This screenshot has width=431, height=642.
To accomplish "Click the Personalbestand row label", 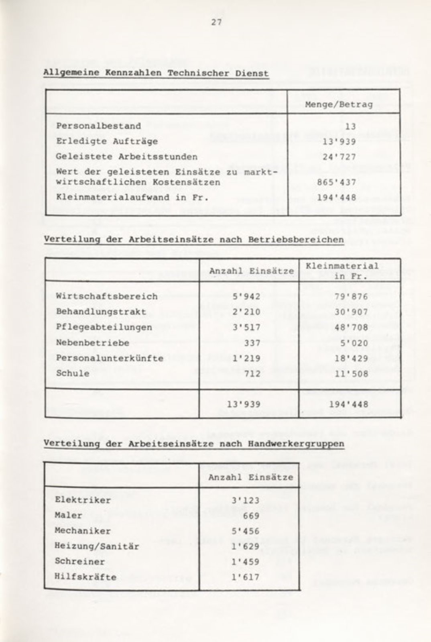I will (x=98, y=126).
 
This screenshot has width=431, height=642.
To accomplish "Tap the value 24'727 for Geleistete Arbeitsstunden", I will (x=339, y=157).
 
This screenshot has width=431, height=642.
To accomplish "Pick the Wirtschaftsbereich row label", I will (x=107, y=297).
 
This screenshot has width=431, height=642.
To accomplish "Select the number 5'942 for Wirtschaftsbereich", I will (x=246, y=297).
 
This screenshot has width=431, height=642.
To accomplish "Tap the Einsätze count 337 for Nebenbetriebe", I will (x=252, y=343).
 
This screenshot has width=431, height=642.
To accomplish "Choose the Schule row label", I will (x=73, y=373).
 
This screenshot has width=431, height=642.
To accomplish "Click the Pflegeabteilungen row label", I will (x=104, y=327).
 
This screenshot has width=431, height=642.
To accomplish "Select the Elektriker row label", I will (x=83, y=500).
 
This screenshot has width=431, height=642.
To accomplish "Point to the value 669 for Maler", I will (x=251, y=516).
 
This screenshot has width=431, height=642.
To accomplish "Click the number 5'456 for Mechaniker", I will (x=246, y=531).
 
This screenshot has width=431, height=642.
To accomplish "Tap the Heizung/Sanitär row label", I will (x=97, y=546).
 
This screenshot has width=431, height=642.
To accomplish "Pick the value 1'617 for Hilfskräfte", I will (x=246, y=577).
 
